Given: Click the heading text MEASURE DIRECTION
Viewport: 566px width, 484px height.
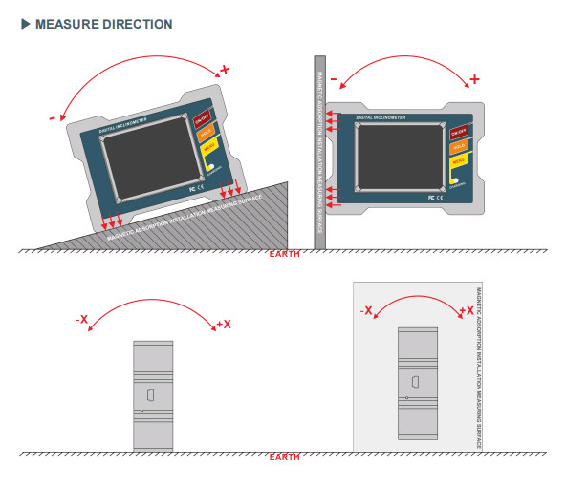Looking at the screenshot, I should coord(103,24).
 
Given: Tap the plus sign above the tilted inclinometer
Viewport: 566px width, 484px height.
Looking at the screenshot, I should coord(226,70).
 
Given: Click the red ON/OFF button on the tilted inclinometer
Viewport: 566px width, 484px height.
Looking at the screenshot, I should coord(202,120).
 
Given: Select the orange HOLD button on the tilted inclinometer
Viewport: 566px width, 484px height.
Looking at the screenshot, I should coord(205,135).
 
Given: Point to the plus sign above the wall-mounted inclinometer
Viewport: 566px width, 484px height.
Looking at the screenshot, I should coord(474,78).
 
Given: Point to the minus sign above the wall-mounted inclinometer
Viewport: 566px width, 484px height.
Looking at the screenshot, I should coord(334,78).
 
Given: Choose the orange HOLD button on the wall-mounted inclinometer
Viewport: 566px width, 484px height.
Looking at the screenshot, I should coord(459,147).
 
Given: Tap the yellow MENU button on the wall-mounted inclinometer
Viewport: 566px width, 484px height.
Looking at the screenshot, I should coord(459,161).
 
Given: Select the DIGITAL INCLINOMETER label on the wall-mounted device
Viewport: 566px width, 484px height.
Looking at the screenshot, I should coord(381,118).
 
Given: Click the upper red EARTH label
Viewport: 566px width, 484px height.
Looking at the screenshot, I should coord(284,255).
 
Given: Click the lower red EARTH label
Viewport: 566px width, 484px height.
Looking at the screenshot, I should coord(284,458).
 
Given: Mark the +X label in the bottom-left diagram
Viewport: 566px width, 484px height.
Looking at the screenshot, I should coord(224,325).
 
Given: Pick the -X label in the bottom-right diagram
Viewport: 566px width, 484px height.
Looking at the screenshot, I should coord(366,311).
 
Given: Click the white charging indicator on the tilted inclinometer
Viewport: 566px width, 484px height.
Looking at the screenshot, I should coord(209,168).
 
